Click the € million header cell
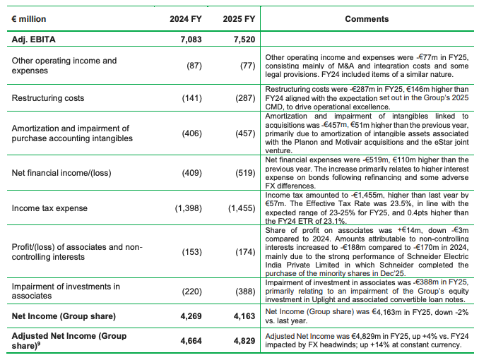click(35, 20)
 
